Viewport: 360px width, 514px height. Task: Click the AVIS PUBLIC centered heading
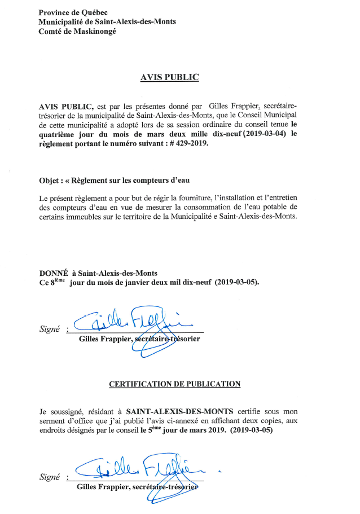pos(169,77)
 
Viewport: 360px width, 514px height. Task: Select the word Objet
pos(50,180)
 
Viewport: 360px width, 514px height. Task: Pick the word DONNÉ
pos(54,273)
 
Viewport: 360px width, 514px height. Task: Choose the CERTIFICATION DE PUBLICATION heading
pos(174,384)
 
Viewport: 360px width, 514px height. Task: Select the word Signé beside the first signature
pos(50,329)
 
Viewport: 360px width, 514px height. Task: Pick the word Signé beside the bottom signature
pos(50,477)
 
